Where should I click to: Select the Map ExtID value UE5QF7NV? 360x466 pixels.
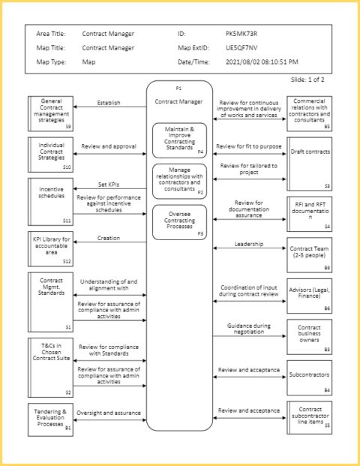(x=241, y=47)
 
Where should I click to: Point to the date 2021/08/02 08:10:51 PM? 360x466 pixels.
(x=261, y=61)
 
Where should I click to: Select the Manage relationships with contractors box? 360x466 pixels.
(x=179, y=180)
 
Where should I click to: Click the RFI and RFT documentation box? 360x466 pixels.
(x=309, y=213)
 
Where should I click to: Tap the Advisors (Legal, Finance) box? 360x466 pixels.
(x=309, y=296)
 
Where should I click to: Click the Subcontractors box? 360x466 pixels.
(x=309, y=376)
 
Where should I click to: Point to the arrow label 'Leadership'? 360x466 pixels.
(x=249, y=243)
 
